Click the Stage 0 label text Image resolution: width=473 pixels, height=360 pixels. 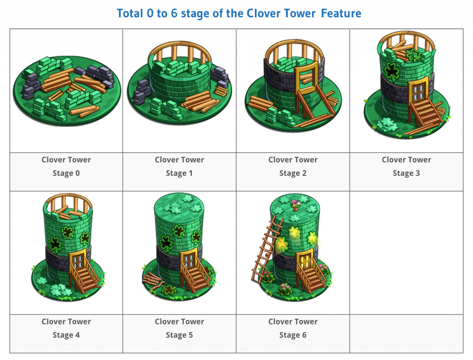[67, 173]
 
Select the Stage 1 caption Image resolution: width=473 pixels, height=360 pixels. [180, 173]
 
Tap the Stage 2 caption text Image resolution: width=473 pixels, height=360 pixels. [293, 173]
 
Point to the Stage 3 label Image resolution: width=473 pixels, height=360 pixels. [406, 173]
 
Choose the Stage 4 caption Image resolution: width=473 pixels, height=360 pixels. [67, 335]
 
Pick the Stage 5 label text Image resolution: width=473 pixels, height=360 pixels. [180, 335]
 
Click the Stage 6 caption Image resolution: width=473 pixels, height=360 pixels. [293, 335]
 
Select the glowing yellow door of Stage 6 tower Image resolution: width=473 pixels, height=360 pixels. [304, 262]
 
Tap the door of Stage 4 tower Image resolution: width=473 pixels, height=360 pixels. [77, 262]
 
